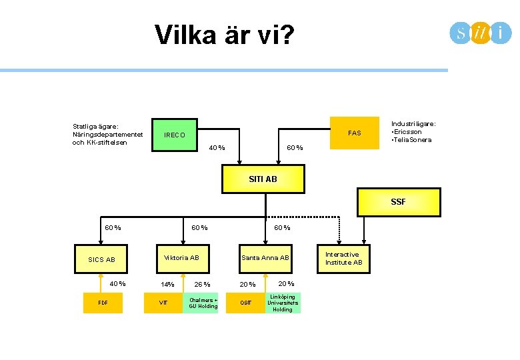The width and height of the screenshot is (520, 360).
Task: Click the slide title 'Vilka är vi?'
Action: coord(223,35)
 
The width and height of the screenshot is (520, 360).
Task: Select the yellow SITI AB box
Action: coord(263,179)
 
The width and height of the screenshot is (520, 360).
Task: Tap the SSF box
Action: coord(399,201)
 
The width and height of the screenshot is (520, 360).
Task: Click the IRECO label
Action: coord(175,135)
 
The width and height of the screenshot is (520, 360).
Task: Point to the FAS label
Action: coord(355,133)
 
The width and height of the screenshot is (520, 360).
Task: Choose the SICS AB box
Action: coord(101,259)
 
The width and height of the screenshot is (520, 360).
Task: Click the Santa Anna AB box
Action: coord(265,258)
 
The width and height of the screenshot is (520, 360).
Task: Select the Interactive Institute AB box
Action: coord(343,258)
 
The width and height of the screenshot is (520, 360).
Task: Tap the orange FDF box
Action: coord(103,302)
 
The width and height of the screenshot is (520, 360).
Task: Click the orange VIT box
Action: coord(163,302)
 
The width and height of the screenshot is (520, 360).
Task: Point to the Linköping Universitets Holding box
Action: coord(283,303)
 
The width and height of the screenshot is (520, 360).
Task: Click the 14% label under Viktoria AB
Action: coord(167,285)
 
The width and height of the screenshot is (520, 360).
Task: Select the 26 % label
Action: coord(202,285)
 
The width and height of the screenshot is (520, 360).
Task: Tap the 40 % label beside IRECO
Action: coord(217,148)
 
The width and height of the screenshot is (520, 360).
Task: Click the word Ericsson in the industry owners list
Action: coord(408,132)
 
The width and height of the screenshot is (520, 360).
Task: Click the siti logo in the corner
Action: coord(480,33)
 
